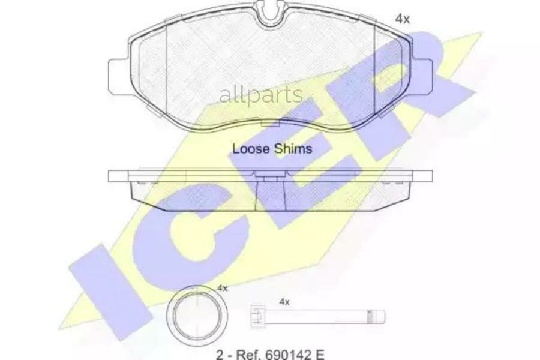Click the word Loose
pos(250,148)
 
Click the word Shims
pos(293,148)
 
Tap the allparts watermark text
pos(261,95)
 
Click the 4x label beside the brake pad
pos(402,19)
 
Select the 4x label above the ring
pos(223,288)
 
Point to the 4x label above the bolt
pos(284,302)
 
